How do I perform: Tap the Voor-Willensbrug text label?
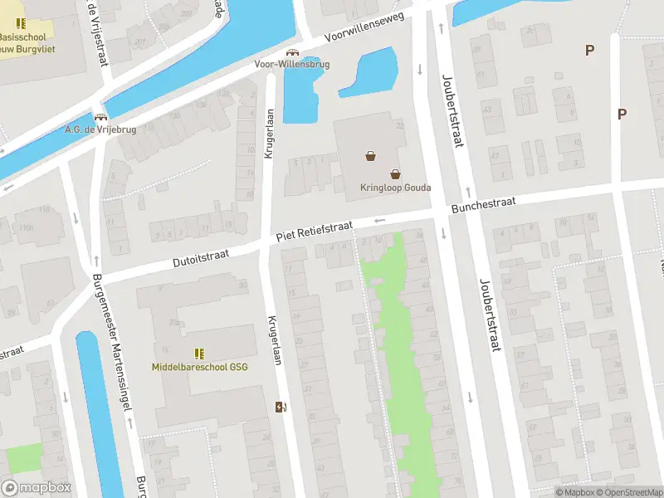click(292, 64)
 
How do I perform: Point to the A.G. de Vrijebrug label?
click(100, 129)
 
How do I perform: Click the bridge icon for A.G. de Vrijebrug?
click(100, 118)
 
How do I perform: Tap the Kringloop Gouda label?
click(396, 187)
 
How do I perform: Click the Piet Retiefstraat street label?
click(315, 232)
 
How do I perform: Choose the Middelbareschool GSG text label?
click(199, 366)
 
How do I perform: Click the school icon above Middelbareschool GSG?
click(199, 353)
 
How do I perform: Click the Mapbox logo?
click(37, 488)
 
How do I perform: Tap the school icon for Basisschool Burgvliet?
click(21, 23)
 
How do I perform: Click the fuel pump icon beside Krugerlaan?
click(281, 407)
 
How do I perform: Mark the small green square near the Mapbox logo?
click(24, 459)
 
